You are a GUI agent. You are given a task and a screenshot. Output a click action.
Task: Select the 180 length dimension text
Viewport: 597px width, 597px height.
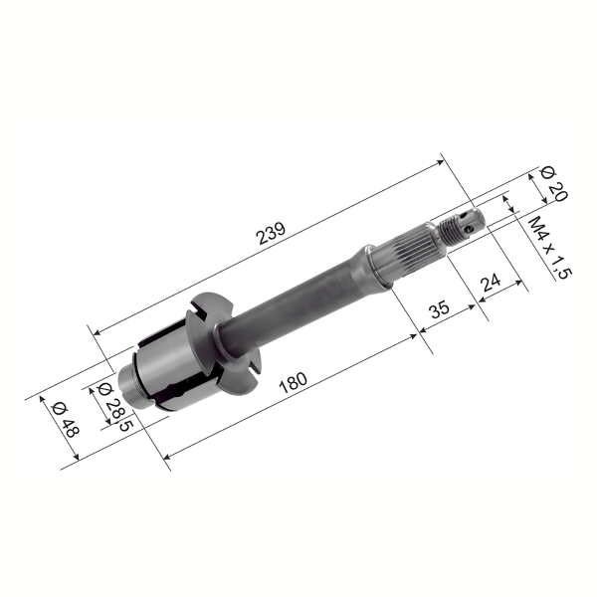293,383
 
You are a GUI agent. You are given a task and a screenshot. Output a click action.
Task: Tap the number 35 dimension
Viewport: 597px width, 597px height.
439,310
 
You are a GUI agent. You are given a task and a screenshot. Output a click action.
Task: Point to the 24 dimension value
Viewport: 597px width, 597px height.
490,284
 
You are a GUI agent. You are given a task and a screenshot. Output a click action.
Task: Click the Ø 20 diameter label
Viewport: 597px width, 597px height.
553,185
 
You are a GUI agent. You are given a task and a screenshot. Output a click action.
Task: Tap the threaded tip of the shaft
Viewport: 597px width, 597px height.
460,227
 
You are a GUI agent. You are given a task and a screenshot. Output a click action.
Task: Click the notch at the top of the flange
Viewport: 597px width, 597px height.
198,311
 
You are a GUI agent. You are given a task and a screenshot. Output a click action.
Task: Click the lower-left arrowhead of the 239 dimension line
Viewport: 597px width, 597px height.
93,328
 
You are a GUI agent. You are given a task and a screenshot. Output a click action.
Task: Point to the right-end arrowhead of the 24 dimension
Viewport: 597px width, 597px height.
521,286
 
